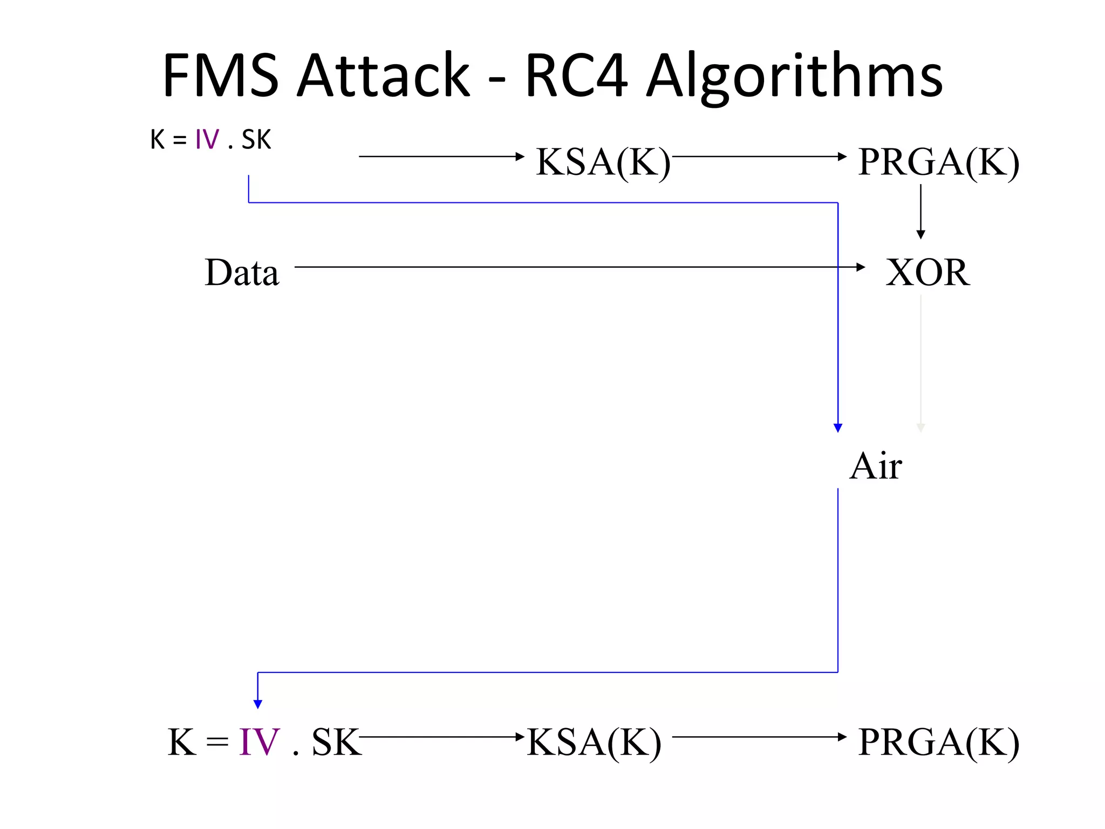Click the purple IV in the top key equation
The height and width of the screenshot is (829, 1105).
point(207,140)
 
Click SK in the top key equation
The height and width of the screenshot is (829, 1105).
point(256,140)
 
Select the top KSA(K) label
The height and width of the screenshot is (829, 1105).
point(603,161)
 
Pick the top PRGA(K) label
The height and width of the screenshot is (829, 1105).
point(938,161)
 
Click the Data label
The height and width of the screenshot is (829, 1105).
point(242,272)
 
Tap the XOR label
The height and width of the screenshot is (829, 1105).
point(927,272)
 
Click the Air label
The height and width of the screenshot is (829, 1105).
point(875,466)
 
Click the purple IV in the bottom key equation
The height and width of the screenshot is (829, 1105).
point(260,742)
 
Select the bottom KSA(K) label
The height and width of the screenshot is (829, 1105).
point(594,742)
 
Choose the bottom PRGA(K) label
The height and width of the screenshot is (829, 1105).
point(938,742)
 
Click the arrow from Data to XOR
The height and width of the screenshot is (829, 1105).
point(577,267)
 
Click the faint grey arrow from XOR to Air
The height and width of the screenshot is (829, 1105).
point(921,362)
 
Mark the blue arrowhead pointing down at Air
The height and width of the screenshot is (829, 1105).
point(838,428)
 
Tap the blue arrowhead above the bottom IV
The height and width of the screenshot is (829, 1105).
point(258,704)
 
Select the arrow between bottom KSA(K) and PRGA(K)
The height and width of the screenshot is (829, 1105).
point(758,737)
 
